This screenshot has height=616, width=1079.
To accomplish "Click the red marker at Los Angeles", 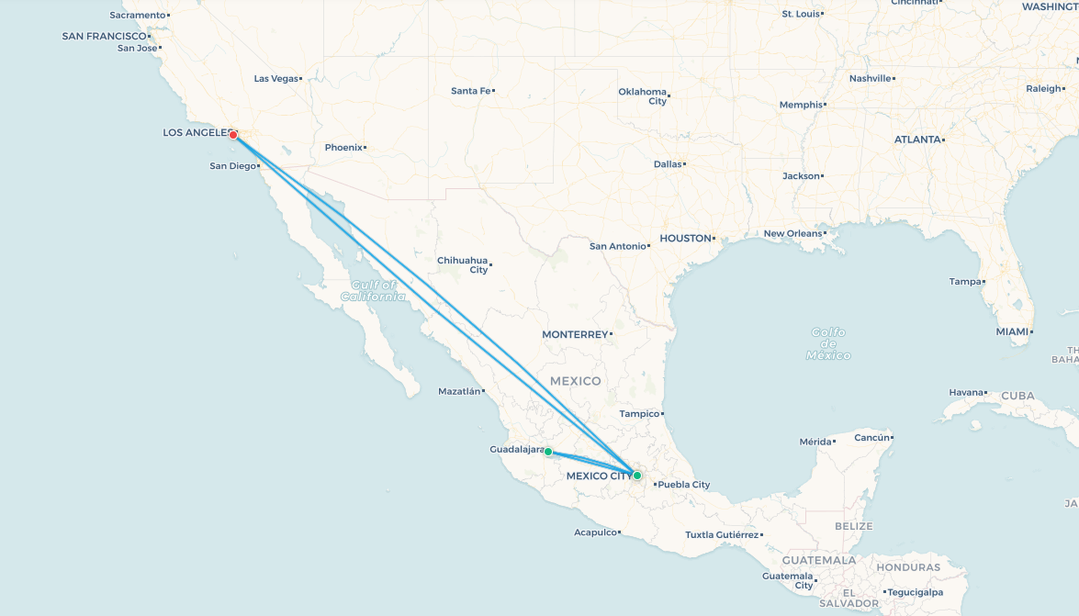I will [233, 135].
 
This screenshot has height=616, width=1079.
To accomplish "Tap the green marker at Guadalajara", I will [548, 452].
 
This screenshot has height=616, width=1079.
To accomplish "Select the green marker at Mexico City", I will [636, 475].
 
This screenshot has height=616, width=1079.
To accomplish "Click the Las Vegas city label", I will [276, 79].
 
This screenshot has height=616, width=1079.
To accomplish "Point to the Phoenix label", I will [343, 148].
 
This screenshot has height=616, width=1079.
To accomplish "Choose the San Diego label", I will [232, 166].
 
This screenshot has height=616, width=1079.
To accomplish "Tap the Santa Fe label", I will [471, 91].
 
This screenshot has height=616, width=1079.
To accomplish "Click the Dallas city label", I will [668, 164].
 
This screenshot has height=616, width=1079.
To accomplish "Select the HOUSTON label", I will [685, 239].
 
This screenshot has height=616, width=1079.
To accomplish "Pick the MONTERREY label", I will [575, 335].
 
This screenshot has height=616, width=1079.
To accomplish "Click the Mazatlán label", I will [460, 392].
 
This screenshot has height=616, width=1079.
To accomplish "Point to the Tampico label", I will [640, 414].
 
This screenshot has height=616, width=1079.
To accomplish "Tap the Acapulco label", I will [595, 532].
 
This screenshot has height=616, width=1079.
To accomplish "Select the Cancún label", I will [872, 438].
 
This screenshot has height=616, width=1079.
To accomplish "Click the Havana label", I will [966, 393].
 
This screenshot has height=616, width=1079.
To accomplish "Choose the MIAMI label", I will [1012, 331].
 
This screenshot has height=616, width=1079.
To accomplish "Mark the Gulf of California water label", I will [373, 291].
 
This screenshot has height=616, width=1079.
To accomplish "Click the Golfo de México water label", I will [828, 343].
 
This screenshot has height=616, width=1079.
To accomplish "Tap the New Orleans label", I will [793, 234].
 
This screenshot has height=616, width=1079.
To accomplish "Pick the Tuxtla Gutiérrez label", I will [722, 535].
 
